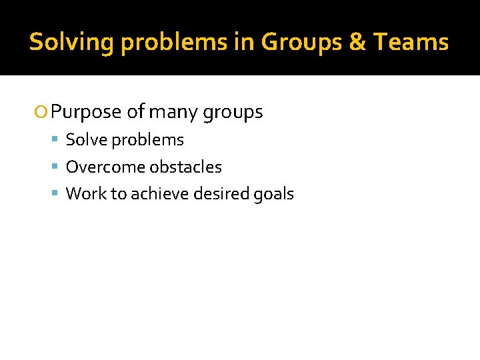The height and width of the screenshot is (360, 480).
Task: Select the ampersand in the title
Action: (x=358, y=42)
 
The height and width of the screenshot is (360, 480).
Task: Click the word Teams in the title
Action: (x=411, y=42)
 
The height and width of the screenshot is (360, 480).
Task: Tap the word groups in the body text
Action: (x=233, y=112)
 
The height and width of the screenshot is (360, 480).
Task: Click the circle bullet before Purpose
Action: (x=44, y=112)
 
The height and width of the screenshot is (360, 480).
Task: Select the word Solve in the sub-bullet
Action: (x=86, y=140)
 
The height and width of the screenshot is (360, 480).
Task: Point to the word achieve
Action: (x=155, y=194)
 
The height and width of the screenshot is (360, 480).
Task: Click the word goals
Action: (x=273, y=194)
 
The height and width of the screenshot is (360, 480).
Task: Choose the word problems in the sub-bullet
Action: (x=147, y=140)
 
